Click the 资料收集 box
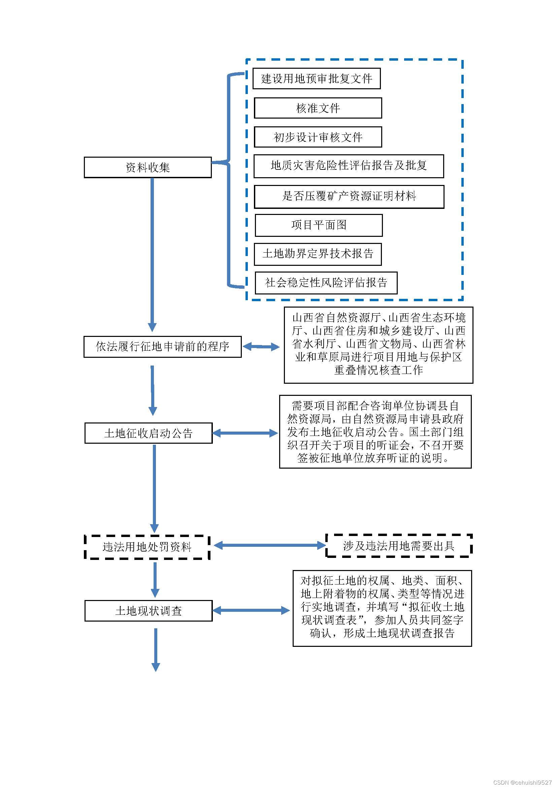click(148, 167)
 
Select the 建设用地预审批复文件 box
click(317, 78)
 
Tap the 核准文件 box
click(318, 108)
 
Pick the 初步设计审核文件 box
click(318, 137)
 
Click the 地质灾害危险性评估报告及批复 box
click(349, 166)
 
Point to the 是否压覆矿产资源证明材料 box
click(349, 197)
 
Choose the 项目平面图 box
click(319, 225)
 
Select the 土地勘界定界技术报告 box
click(318, 254)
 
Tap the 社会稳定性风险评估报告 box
click(326, 283)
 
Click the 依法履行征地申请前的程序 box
click(163, 347)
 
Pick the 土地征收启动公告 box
click(149, 433)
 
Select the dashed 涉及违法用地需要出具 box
click(399, 546)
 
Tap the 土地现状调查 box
click(149, 610)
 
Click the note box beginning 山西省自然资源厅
click(378, 345)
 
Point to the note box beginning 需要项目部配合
click(375, 432)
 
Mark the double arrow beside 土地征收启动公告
click(245, 434)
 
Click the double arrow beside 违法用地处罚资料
click(270, 545)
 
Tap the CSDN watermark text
click(522, 783)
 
